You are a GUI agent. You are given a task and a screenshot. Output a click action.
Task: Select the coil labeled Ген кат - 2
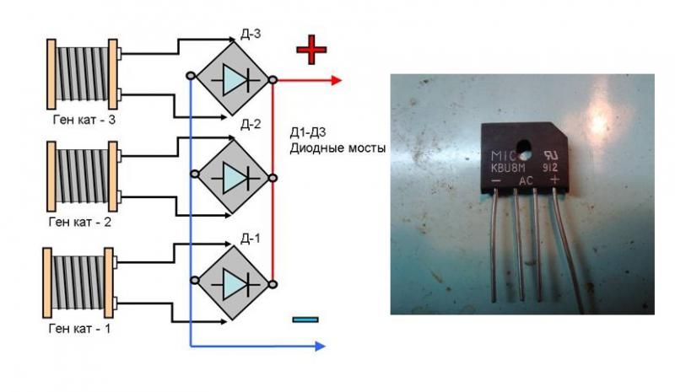point(83,178)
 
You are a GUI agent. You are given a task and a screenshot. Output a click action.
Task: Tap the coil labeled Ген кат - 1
point(83,282)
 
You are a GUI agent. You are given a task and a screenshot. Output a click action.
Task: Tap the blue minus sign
point(306,319)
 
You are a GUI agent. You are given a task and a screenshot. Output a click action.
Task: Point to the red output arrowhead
point(336,80)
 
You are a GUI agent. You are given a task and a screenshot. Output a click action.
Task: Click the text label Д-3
point(250,33)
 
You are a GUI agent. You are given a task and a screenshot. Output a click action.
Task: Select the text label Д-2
point(250,125)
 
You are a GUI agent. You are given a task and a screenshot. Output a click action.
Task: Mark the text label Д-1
point(250,237)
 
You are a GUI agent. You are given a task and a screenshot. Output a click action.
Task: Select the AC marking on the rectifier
point(526,180)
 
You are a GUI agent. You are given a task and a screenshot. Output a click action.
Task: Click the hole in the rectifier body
point(525,153)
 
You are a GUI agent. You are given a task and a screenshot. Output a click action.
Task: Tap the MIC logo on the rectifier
point(504,156)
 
